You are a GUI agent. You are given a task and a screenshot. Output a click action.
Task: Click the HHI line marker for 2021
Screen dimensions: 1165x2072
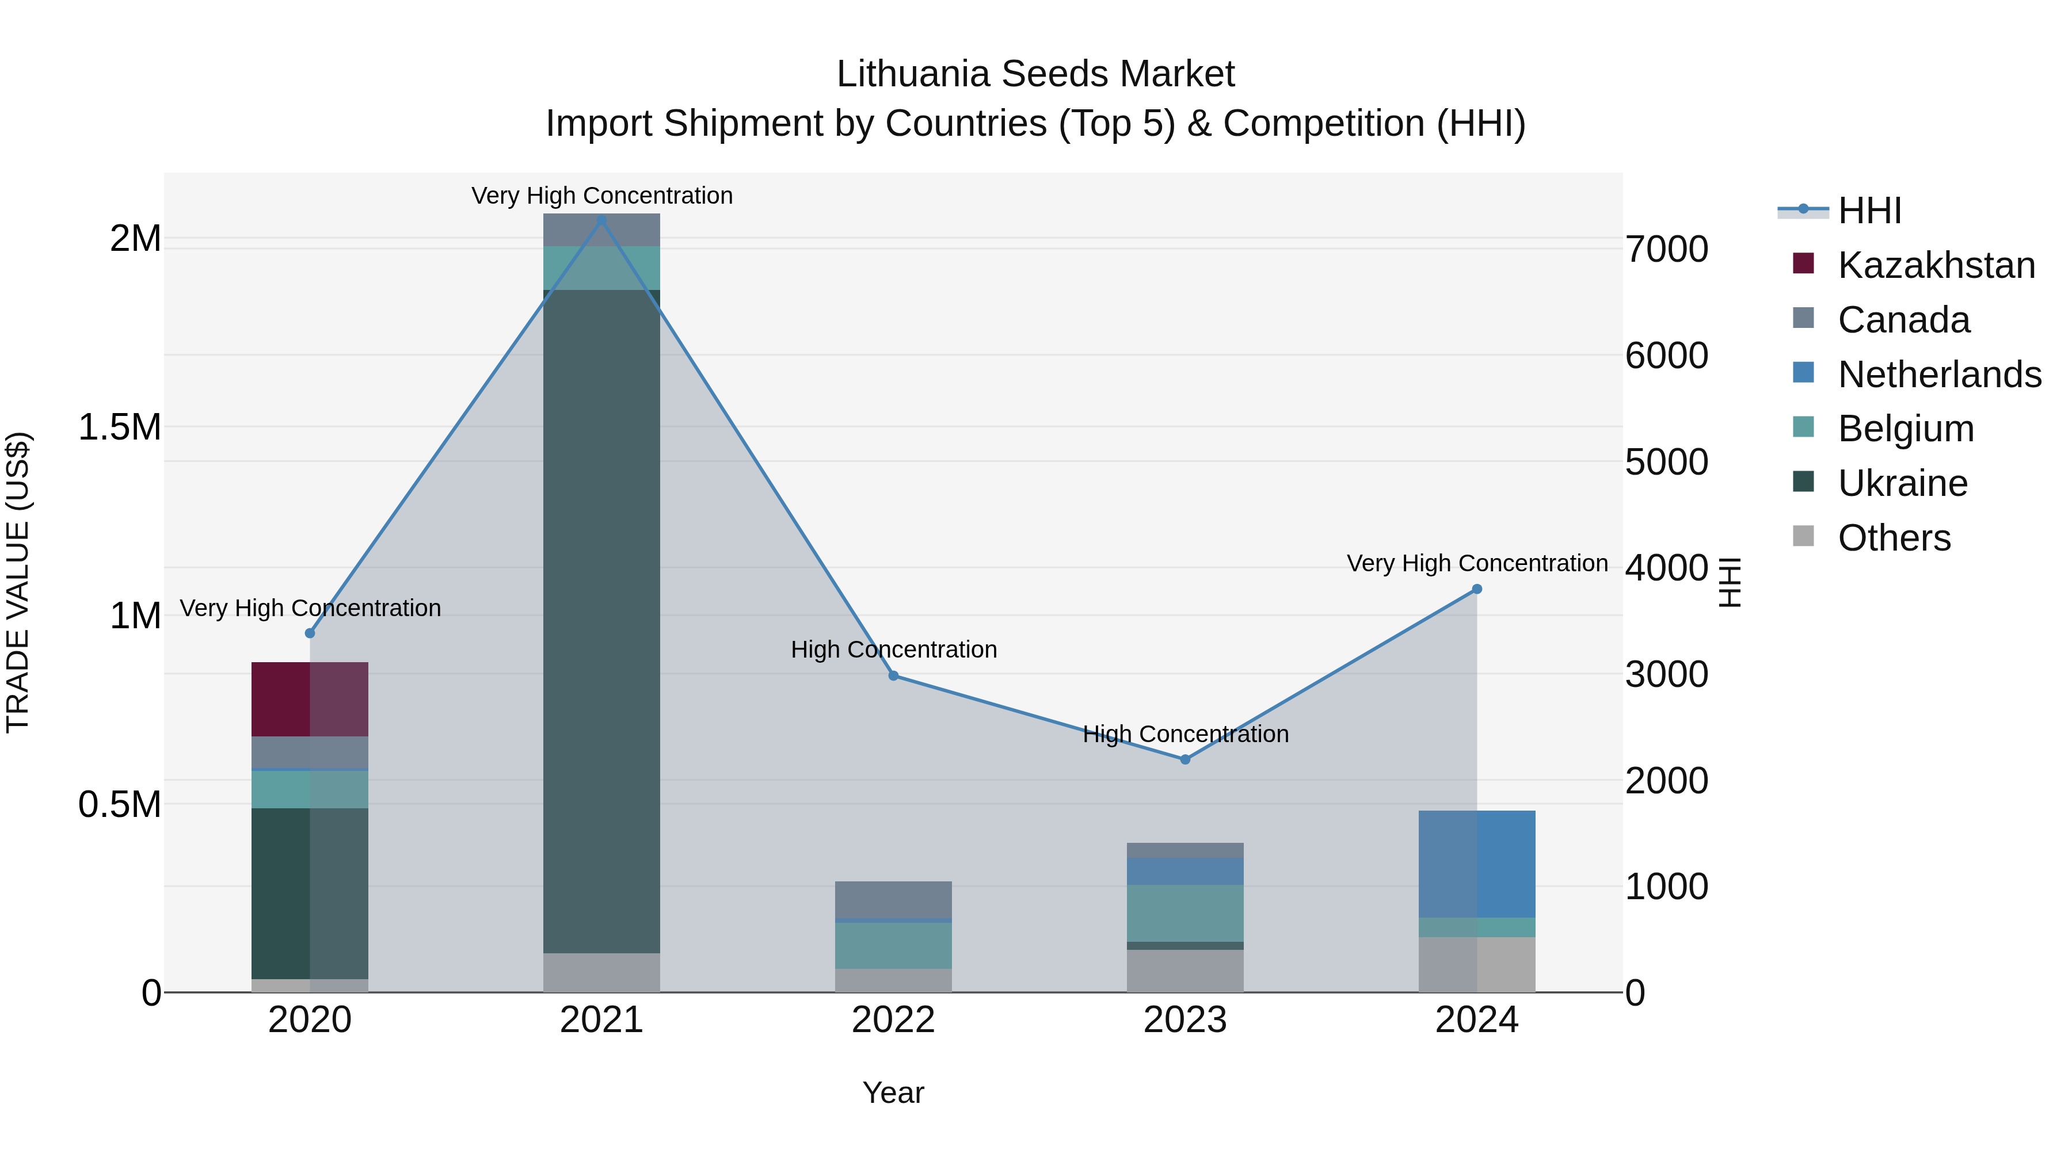pyautogui.click(x=601, y=220)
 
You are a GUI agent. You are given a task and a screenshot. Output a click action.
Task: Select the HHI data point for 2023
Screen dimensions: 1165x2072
pyautogui.click(x=1185, y=759)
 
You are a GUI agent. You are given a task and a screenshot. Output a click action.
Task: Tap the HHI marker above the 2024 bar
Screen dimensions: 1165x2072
pyautogui.click(x=1477, y=589)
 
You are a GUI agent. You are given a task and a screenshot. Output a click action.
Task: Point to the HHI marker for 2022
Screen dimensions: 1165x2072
pyautogui.click(x=894, y=675)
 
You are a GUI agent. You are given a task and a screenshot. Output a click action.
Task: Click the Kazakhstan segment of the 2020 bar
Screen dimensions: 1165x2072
pyautogui.click(x=310, y=698)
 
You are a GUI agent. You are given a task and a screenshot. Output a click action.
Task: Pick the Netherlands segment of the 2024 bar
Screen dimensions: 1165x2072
pyautogui.click(x=1477, y=864)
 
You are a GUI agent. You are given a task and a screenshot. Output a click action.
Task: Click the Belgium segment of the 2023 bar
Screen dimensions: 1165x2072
pyautogui.click(x=1185, y=912)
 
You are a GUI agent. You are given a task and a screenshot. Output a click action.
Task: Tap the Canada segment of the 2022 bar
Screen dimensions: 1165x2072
pyautogui.click(x=894, y=899)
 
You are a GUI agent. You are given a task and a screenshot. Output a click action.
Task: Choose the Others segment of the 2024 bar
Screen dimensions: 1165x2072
pyautogui.click(x=1477, y=964)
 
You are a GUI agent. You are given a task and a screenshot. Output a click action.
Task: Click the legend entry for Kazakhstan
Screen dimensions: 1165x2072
pyautogui.click(x=1936, y=265)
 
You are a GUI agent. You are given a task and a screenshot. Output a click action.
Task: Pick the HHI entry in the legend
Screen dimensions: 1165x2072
pyautogui.click(x=1869, y=211)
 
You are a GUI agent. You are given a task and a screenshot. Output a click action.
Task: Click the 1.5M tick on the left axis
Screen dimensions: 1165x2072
pyautogui.click(x=119, y=427)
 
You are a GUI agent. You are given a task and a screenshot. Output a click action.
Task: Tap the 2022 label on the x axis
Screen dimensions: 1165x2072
pyautogui.click(x=894, y=1020)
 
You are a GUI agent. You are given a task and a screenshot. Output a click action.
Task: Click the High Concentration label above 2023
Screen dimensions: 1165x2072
pyautogui.click(x=1186, y=734)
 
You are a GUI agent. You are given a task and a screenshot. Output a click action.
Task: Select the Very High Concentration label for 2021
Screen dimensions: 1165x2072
pyautogui.click(x=601, y=196)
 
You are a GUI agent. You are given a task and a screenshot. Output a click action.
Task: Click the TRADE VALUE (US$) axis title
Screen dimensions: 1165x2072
pyautogui.click(x=18, y=582)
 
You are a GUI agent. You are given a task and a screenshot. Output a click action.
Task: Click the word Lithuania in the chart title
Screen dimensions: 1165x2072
pyautogui.click(x=912, y=74)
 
